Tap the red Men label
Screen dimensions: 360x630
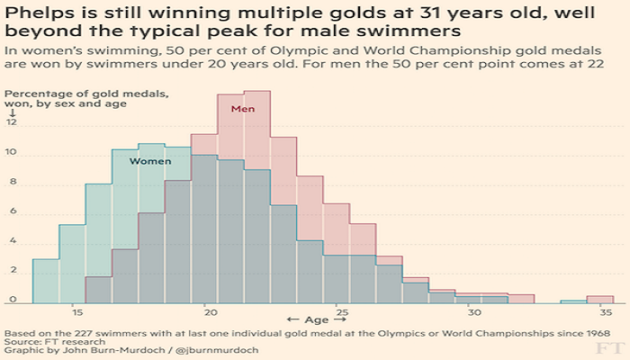coord(243,109)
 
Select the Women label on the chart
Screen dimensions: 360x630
coord(150,161)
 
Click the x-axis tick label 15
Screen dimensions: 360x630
coord(77,312)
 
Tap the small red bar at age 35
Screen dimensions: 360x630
coord(600,299)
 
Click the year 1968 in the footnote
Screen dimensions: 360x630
coord(598,331)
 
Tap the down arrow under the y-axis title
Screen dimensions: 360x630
coord(13,113)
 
